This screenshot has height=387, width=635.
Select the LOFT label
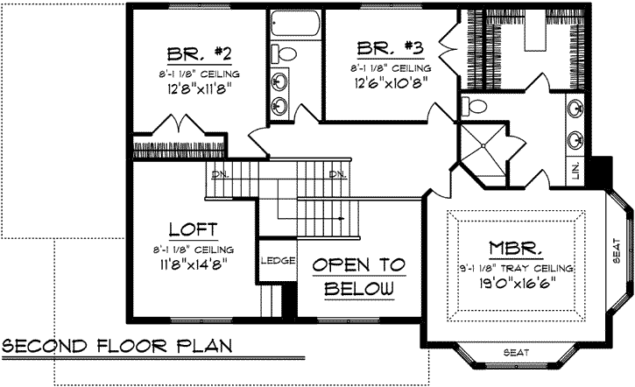[193, 230]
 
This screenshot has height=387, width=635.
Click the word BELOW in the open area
[356, 289]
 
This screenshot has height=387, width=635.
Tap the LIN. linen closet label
[575, 170]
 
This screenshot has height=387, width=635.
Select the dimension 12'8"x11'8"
[198, 88]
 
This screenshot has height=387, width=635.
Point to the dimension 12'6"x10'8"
[392, 85]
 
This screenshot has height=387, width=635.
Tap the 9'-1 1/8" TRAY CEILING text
[514, 267]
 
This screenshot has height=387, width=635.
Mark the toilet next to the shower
[477, 107]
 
